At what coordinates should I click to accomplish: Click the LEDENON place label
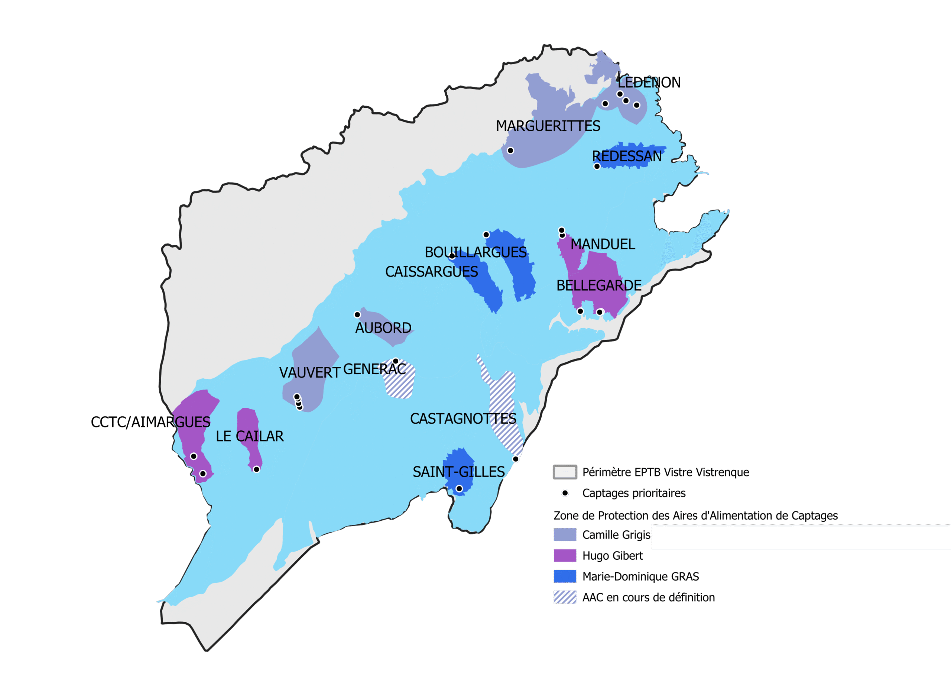point(649,83)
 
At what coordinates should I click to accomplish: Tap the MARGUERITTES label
point(548,126)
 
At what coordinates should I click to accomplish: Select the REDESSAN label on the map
point(626,156)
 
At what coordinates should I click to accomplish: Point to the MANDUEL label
point(603,244)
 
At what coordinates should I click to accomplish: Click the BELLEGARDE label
point(598,286)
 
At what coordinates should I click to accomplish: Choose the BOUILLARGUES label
point(475,252)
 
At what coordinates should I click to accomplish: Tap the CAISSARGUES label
point(431,272)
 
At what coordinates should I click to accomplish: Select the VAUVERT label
point(309,372)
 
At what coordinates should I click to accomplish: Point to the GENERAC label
point(374,369)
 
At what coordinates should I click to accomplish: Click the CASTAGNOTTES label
point(463,418)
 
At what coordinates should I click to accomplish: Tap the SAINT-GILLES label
point(458,472)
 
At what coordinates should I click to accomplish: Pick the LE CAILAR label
point(250,436)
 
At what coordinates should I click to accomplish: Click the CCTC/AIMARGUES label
point(150,422)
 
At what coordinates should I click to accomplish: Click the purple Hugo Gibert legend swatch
point(564,556)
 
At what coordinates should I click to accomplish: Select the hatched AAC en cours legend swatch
point(564,597)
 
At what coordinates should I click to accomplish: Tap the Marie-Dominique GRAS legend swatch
point(564,576)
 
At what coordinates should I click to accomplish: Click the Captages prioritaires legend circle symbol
point(565,493)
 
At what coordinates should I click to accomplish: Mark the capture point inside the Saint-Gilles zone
point(459,489)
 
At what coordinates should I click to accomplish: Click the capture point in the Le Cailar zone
point(256,469)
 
